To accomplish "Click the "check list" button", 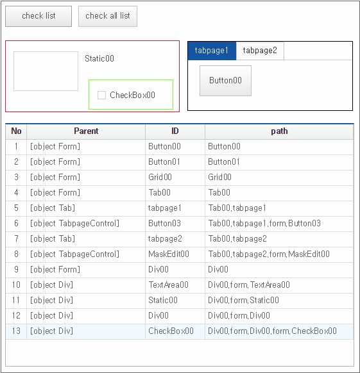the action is click(39, 16).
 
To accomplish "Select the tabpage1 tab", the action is click(212, 51).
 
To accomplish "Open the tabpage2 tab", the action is click(260, 51).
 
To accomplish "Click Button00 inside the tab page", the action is click(225, 81).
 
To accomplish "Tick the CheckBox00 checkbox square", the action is click(101, 95).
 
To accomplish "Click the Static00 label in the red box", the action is click(99, 58).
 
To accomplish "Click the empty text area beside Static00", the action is click(46, 71).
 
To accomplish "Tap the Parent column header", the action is click(86, 131).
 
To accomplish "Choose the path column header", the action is click(279, 131).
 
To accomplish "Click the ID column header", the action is click(175, 131).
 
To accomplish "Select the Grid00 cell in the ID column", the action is click(175, 178).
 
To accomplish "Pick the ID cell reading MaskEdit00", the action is click(175, 254).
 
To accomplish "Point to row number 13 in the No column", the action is click(16, 331).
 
